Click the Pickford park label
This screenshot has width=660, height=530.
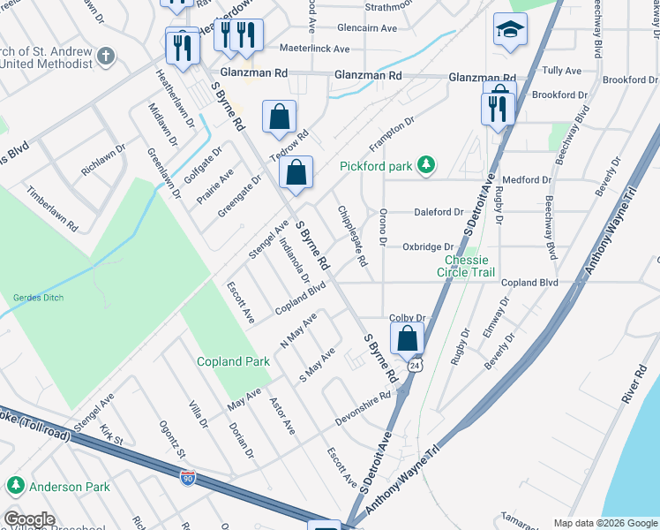click(376, 166)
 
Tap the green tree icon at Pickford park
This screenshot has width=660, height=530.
click(426, 164)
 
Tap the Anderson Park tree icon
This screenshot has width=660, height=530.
click(16, 485)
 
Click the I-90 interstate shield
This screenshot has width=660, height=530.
click(188, 478)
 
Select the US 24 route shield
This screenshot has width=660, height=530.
click(414, 364)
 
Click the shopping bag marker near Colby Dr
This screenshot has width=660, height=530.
click(407, 337)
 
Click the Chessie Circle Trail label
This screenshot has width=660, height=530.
click(466, 266)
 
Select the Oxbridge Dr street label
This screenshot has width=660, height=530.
click(428, 247)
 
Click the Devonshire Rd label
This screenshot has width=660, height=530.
click(362, 408)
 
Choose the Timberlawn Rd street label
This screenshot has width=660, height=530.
click(51, 208)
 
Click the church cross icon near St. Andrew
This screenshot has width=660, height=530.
click(106, 57)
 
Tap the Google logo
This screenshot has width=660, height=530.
click(29, 520)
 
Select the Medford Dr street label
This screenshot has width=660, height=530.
click(527, 179)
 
